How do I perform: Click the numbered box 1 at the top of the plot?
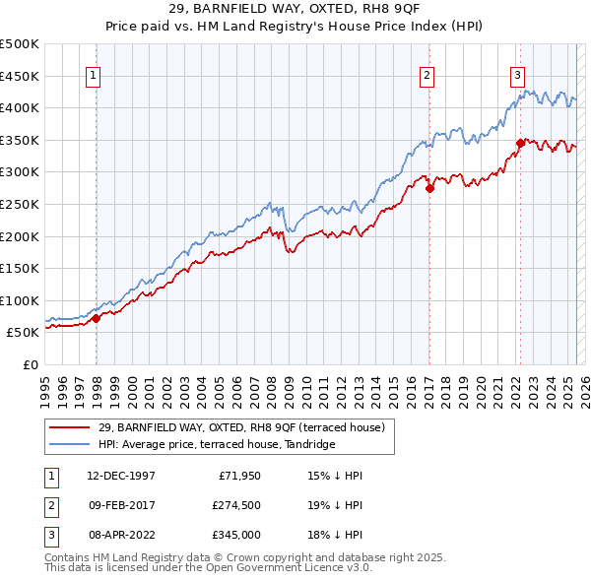(94, 75)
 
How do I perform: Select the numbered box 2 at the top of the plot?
(427, 75)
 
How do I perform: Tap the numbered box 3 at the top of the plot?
(517, 75)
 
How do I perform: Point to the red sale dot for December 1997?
(97, 318)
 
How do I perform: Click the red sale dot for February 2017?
(429, 189)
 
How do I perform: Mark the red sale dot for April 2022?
(519, 144)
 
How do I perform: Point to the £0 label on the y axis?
(31, 364)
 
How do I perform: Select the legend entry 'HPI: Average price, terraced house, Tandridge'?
(217, 444)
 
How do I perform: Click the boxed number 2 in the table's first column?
(50, 505)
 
